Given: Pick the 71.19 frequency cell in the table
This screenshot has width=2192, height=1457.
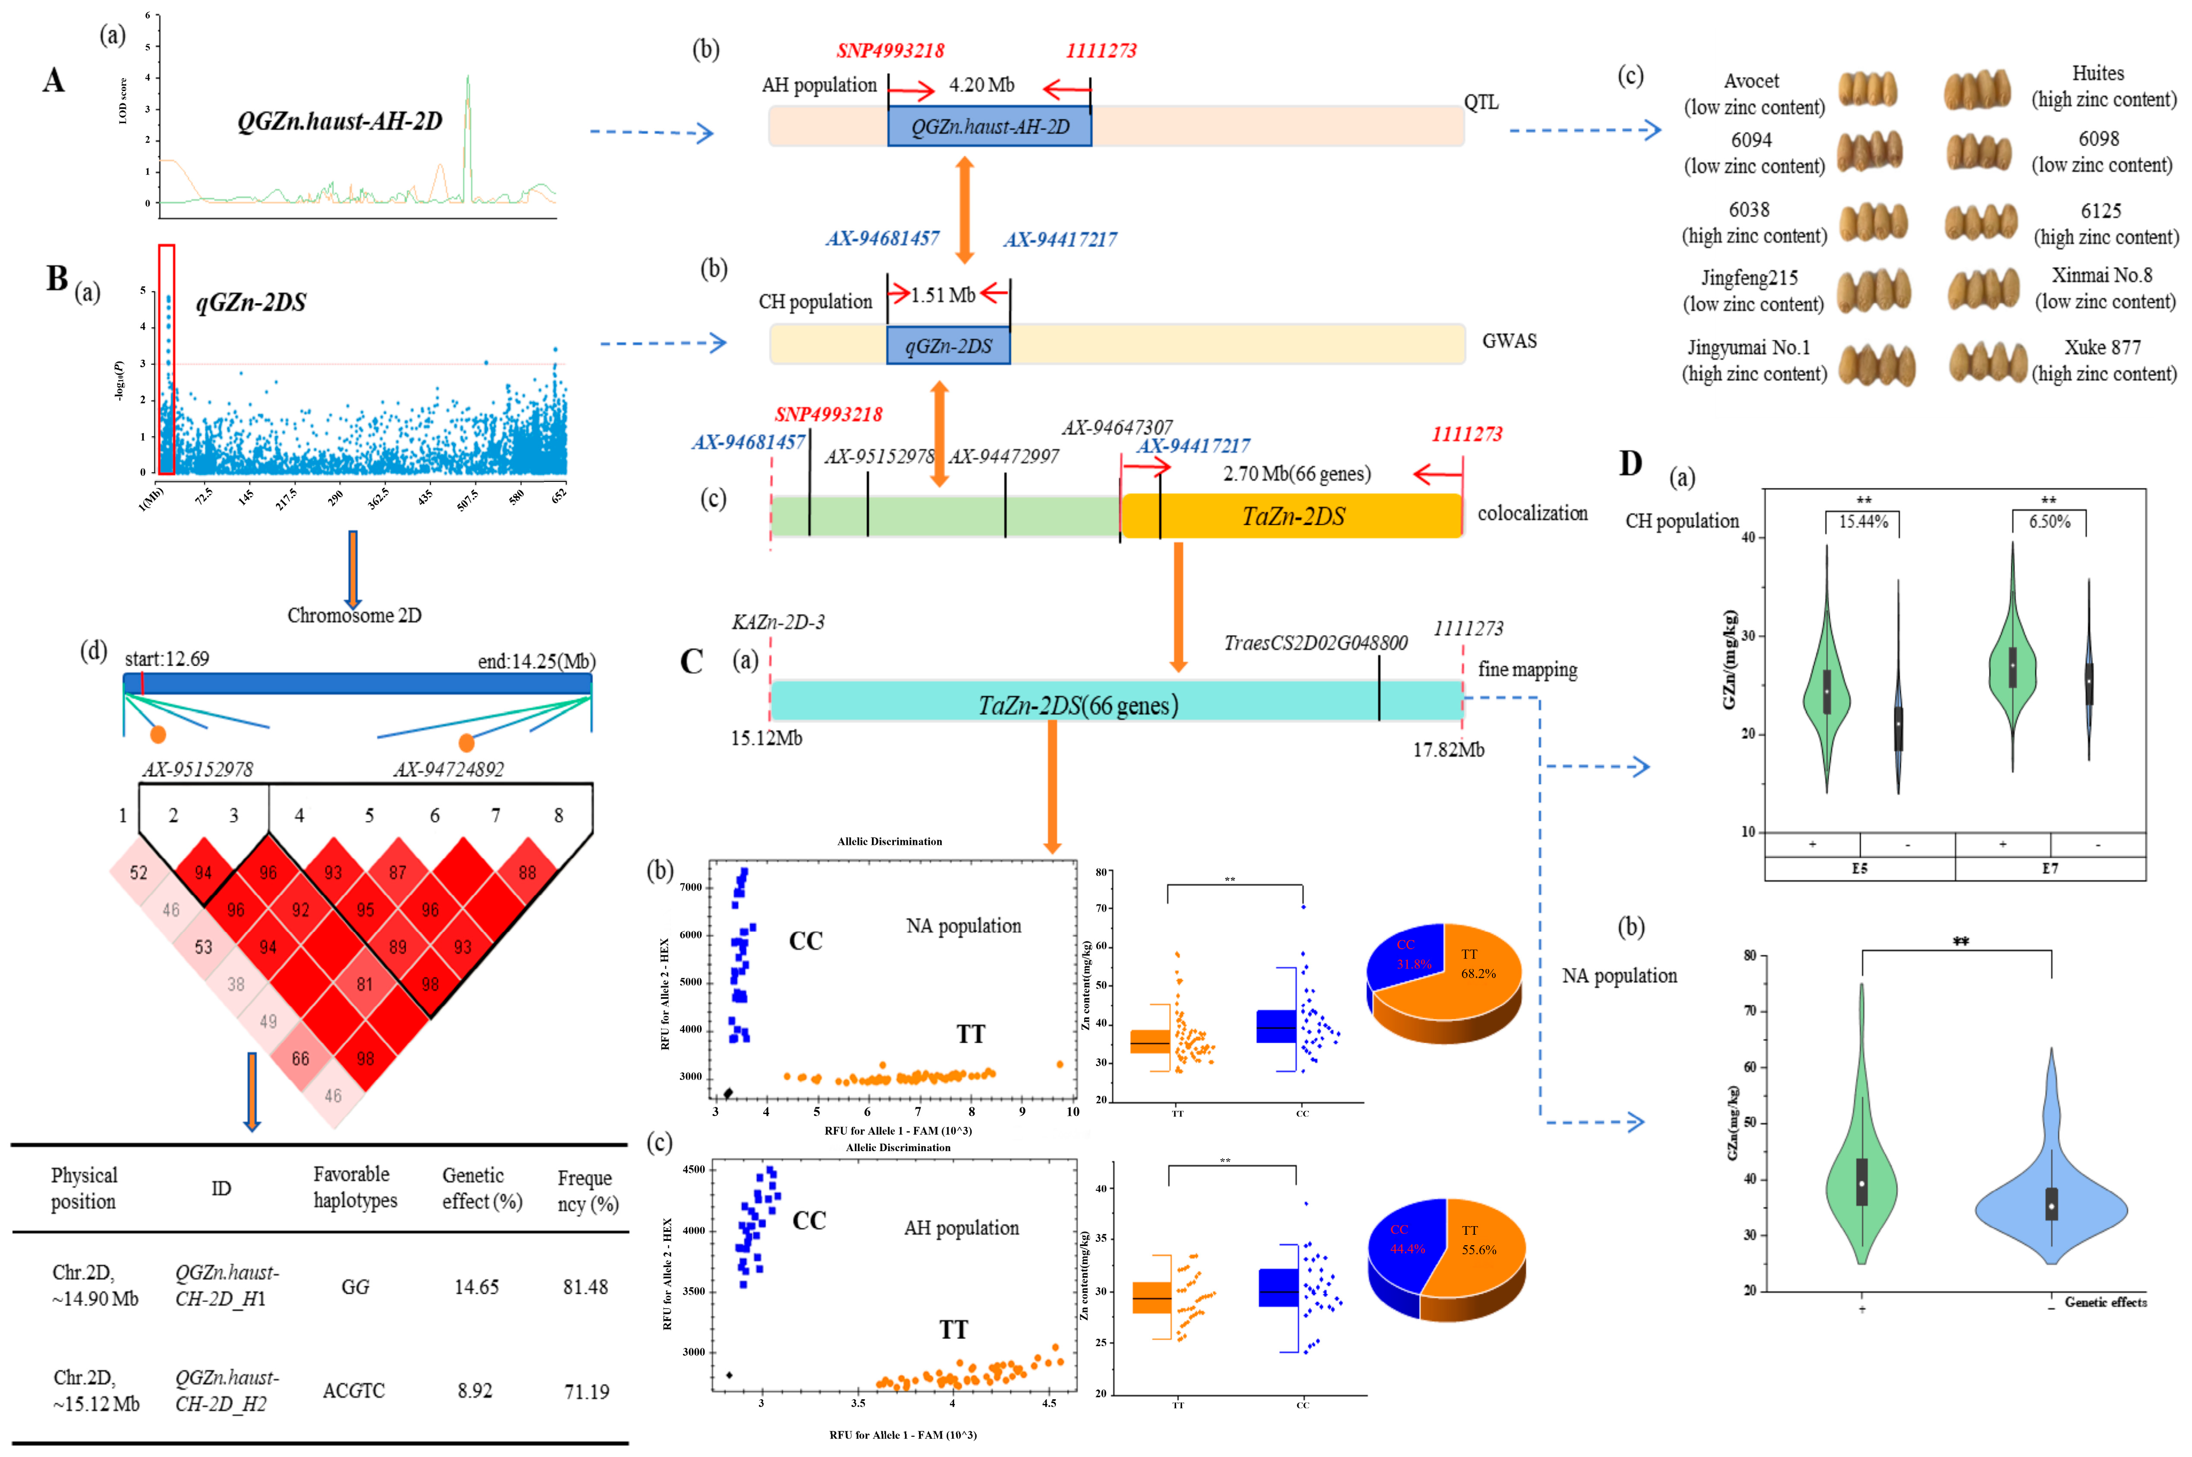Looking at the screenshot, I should pyautogui.click(x=586, y=1391).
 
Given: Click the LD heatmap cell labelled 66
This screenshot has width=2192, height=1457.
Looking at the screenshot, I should pyautogui.click(x=300, y=1058).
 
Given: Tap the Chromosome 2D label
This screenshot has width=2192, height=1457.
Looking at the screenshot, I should pyautogui.click(x=354, y=615).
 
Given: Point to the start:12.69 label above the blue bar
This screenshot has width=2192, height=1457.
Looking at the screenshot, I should pyautogui.click(x=167, y=659).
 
